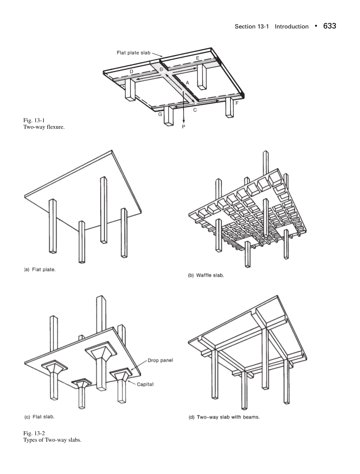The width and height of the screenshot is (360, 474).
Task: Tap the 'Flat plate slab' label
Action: (133, 53)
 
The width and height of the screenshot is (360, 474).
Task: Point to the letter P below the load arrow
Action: (184, 126)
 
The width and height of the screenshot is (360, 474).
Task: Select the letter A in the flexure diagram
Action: (187, 83)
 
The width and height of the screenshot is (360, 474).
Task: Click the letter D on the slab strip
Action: (131, 72)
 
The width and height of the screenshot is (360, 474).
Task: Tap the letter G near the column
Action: (160, 114)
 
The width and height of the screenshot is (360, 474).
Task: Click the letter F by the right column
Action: (237, 103)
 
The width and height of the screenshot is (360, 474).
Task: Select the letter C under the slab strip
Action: (194, 111)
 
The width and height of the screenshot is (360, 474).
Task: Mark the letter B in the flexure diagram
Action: (161, 69)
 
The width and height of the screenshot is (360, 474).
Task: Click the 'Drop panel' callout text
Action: (162, 360)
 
